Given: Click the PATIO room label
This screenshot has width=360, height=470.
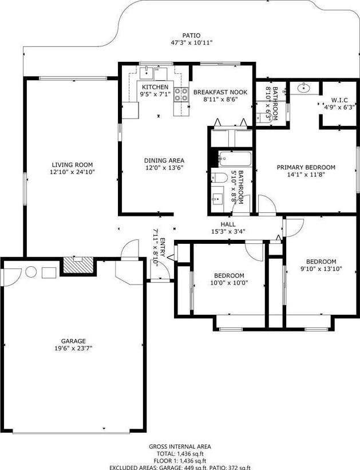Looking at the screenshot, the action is [191, 35].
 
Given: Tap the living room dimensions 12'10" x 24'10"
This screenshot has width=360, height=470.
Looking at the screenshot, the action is [72, 172].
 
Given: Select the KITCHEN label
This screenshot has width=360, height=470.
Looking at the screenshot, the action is [155, 87].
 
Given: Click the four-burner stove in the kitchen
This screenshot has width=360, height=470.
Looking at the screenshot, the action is [181, 94].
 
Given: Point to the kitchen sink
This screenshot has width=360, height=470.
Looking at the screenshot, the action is [147, 73].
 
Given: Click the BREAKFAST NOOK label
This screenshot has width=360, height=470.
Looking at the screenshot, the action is [220, 92].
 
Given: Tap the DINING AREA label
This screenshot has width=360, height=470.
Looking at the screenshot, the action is [164, 161].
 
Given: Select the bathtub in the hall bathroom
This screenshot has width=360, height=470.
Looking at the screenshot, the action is [235, 159].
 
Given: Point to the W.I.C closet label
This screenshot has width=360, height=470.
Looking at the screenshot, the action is [339, 100].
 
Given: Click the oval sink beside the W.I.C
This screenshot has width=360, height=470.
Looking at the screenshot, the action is [304, 88].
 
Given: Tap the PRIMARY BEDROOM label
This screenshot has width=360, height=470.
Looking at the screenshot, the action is [306, 167].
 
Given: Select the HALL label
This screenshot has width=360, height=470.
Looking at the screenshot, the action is [228, 224].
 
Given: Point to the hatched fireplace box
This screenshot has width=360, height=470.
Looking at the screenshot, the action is [78, 265].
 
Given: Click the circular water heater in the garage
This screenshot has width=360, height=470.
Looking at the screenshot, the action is [31, 272].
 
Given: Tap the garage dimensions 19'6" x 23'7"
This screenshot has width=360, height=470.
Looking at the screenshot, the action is [73, 348].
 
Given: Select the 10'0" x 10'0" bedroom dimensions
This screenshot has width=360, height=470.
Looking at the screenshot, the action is [229, 283].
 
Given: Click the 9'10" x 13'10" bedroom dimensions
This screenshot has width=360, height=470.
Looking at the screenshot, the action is [321, 269].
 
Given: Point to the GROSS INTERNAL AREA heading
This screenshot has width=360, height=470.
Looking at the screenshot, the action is [180, 447].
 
